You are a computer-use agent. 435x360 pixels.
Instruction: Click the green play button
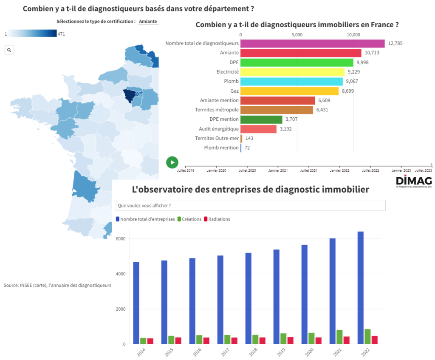pyautogui.click(x=172, y=162)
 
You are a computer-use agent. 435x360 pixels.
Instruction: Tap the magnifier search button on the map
pyautogui.click(x=9, y=50)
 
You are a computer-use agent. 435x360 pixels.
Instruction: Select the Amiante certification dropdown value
pyautogui.click(x=148, y=21)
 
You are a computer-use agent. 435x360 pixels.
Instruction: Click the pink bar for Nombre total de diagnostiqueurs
pyautogui.click(x=312, y=43)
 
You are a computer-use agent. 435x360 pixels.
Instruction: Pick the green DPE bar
pyautogui.click(x=297, y=62)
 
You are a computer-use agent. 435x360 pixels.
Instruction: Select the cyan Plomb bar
pyautogui.click(x=291, y=81)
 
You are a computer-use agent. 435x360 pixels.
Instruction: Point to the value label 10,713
pyautogui.click(x=372, y=53)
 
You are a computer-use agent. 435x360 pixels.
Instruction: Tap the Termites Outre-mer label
pyautogui.click(x=217, y=138)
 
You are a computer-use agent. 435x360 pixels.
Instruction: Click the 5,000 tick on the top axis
pyautogui.click(x=297, y=35)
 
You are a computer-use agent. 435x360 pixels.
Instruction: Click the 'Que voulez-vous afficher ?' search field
pyautogui.click(x=251, y=205)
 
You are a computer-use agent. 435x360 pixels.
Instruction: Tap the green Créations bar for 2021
pyautogui.click(x=340, y=337)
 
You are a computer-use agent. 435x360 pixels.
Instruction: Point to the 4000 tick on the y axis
pyautogui.click(x=121, y=274)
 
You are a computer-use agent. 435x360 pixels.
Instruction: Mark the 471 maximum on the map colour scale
pyautogui.click(x=61, y=34)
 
